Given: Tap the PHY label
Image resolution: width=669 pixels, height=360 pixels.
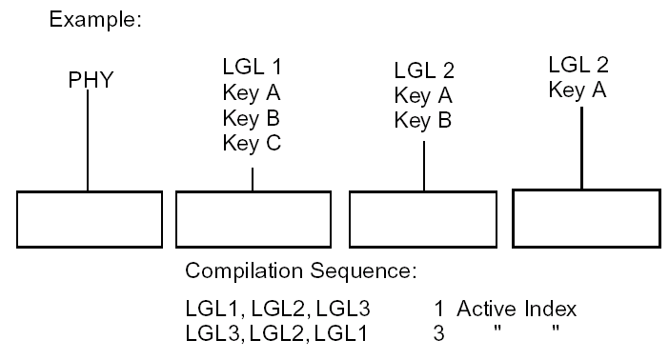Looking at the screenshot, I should tap(91, 80).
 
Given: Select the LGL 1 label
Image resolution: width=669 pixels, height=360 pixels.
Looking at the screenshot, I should tap(252, 68).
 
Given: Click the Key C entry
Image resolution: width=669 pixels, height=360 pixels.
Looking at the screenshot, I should tap(252, 143).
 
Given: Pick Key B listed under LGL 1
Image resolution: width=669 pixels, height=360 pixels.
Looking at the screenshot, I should tap(252, 118).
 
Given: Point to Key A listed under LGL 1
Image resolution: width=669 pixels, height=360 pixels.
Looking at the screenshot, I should tap(252, 93).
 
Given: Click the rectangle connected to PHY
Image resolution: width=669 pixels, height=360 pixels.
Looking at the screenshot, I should tap(90, 218).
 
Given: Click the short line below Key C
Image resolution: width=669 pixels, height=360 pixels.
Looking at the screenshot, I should tap(252, 179).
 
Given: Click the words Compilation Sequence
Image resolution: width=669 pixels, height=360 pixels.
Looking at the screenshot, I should tap(301, 271).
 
